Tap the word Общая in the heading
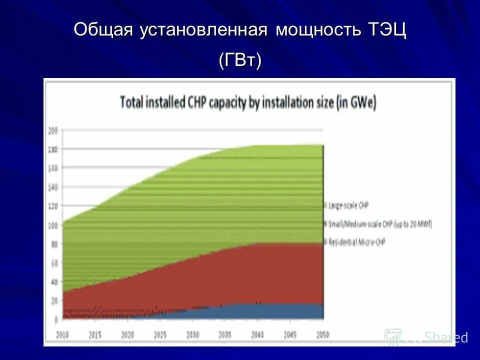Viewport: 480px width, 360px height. point(103,30)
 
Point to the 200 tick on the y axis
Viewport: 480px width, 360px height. point(53,130)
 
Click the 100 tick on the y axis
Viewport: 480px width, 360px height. point(53,225)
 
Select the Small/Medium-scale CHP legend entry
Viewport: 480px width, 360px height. point(378,223)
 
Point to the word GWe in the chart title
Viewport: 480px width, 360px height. point(363,103)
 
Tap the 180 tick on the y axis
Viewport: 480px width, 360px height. point(53,149)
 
